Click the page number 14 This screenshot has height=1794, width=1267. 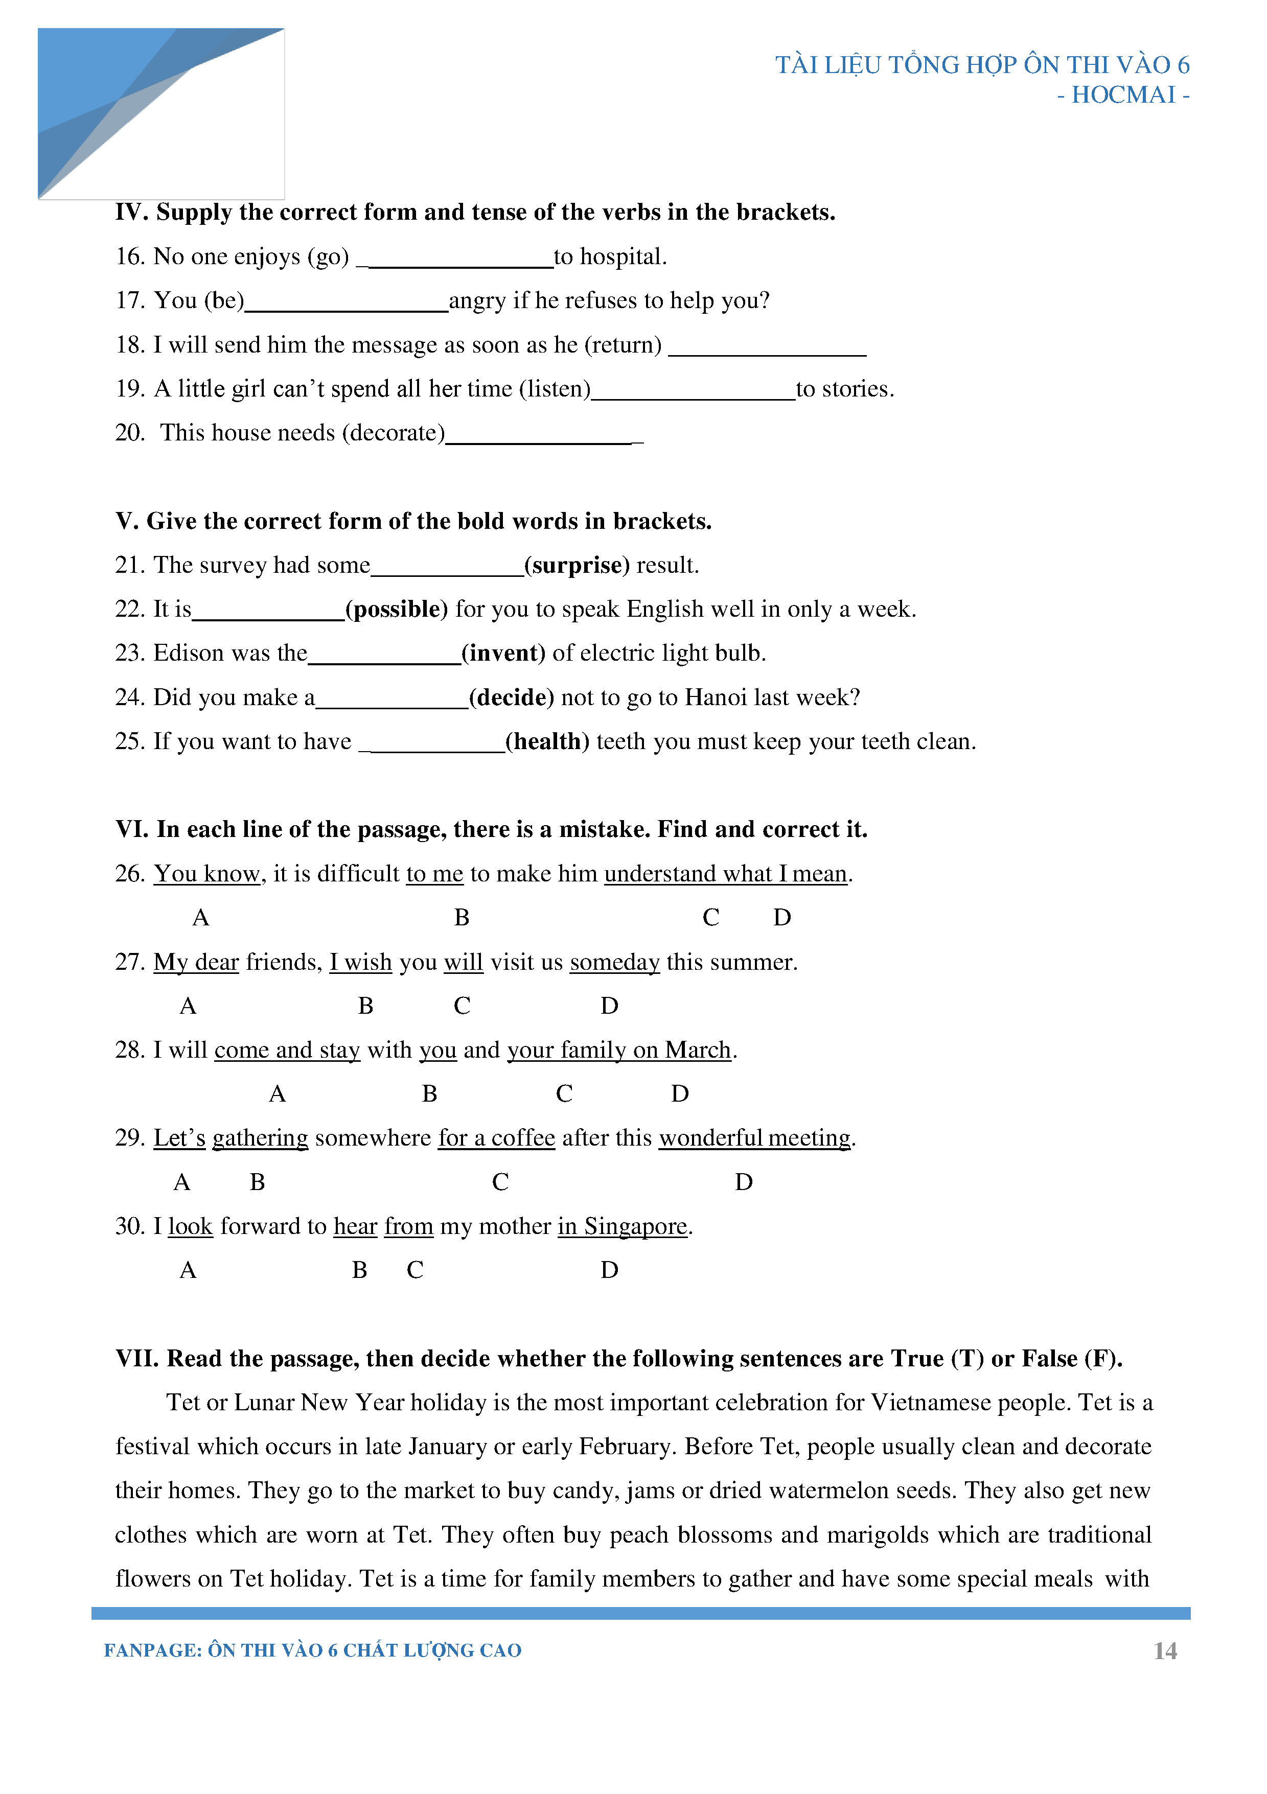(1165, 1650)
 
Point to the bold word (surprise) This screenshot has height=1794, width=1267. (577, 565)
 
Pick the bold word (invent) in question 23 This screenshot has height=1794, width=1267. (503, 653)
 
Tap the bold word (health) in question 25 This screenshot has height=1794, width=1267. (547, 741)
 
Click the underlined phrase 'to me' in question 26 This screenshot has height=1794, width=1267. (434, 874)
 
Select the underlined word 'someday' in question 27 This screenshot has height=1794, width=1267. (614, 962)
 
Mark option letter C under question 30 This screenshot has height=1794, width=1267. (414, 1270)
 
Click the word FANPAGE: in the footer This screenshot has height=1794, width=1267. (152, 1650)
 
